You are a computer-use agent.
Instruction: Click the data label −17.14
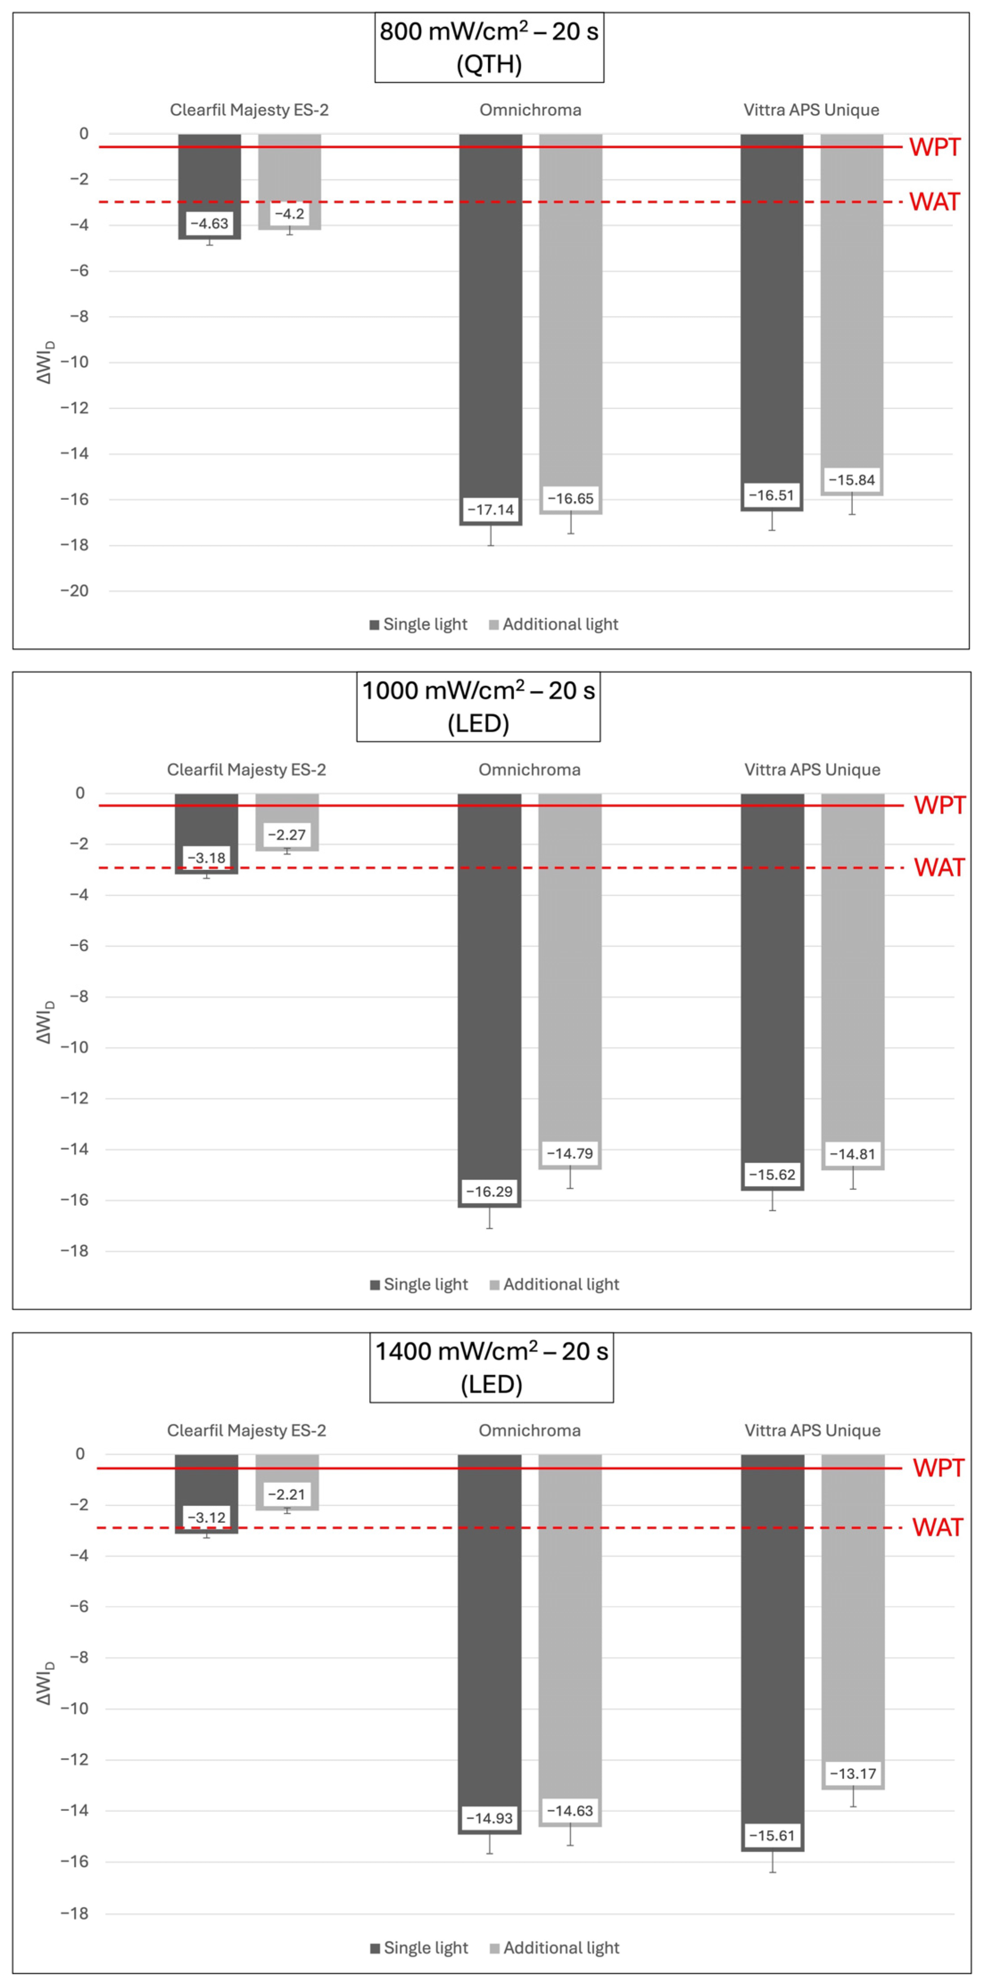(490, 510)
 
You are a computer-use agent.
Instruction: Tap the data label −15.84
(852, 480)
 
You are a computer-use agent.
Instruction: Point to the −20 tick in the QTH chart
(75, 591)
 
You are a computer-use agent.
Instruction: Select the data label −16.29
(489, 1192)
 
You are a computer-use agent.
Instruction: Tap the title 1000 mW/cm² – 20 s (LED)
(478, 707)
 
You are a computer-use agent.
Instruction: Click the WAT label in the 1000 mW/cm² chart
(939, 868)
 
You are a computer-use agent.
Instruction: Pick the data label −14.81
(852, 1154)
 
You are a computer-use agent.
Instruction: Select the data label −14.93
(489, 1819)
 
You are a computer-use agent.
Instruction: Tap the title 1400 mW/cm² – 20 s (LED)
(491, 1368)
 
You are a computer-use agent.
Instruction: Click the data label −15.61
(772, 1836)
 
